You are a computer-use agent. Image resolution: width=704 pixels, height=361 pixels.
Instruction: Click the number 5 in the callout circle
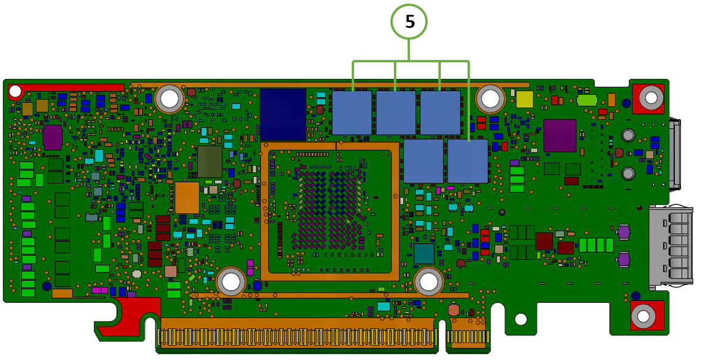(x=409, y=23)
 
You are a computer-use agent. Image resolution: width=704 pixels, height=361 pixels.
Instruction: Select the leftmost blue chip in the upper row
(x=352, y=112)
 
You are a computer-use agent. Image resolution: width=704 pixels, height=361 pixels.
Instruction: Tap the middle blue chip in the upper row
(x=396, y=112)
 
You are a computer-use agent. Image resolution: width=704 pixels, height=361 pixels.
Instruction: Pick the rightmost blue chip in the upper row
(x=440, y=112)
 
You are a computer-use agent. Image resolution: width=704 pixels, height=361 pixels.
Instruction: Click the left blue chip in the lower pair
(x=423, y=161)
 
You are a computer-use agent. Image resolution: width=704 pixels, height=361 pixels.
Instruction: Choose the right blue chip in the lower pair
(x=468, y=161)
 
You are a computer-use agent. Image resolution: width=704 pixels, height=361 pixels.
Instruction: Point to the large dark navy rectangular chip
(x=283, y=114)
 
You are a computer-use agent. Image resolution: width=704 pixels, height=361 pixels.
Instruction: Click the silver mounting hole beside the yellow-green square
(x=490, y=99)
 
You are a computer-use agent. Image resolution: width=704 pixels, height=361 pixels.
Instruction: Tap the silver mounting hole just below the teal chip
(x=428, y=281)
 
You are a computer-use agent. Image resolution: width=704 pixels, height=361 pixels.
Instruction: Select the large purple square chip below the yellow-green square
(x=559, y=135)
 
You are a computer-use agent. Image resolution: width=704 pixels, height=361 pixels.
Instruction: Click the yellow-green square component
(x=524, y=99)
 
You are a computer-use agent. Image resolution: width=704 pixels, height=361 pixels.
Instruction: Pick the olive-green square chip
(x=209, y=161)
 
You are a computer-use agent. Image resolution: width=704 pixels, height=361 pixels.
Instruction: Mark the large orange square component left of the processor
(x=187, y=197)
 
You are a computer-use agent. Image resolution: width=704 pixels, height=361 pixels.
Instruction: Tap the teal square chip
(x=424, y=254)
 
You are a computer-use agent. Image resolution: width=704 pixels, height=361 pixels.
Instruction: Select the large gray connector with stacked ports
(x=671, y=245)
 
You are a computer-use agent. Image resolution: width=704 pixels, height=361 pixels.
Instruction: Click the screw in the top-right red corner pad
(x=651, y=98)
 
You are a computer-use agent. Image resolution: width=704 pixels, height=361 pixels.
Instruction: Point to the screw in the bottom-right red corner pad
(x=643, y=316)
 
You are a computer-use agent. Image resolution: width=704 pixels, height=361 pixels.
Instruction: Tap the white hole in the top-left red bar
(x=15, y=91)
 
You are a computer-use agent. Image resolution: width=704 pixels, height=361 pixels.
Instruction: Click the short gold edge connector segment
(x=468, y=336)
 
